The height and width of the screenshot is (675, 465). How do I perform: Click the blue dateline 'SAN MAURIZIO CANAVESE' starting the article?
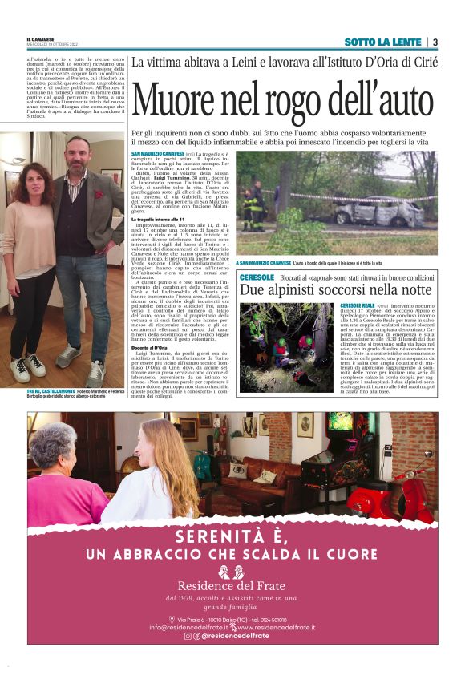click(x=157, y=152)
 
